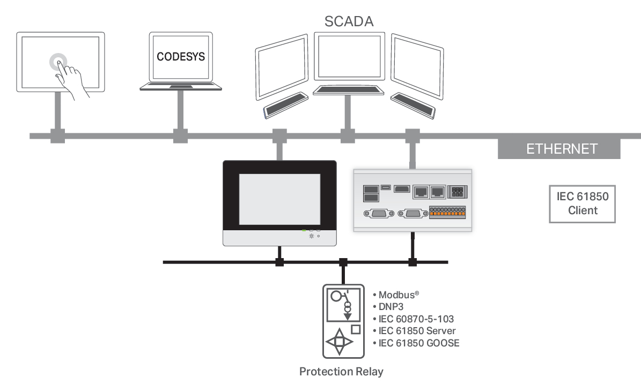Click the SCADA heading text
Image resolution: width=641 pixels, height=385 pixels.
349,21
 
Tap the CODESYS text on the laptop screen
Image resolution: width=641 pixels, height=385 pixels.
181,56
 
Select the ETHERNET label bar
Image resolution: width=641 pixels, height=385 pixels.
561,149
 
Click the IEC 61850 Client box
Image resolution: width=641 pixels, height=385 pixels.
583,203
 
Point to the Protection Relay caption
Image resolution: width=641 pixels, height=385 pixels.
341,372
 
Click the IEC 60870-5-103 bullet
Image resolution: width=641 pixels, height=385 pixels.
416,319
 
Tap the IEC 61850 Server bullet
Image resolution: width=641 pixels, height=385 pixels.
417,331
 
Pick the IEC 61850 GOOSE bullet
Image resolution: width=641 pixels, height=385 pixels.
418,343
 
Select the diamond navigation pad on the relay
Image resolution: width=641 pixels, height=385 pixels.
339,342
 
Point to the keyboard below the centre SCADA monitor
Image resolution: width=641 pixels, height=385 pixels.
348,89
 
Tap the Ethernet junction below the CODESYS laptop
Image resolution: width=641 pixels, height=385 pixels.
181,136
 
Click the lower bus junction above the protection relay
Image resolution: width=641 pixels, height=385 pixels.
343,262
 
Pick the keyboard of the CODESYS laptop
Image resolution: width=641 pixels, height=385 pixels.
180,86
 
